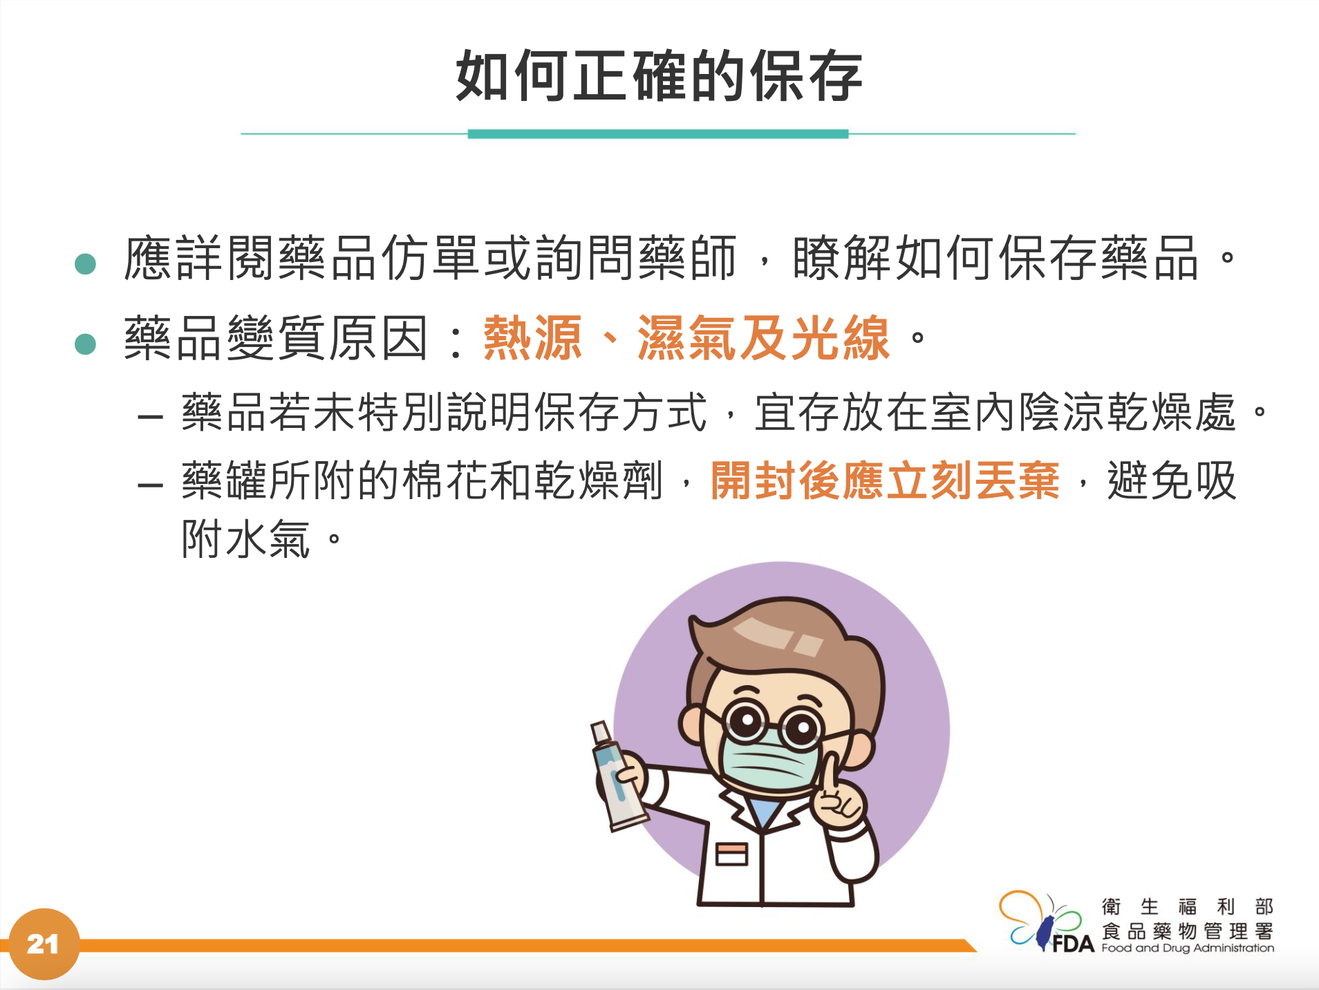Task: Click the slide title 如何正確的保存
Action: (659, 76)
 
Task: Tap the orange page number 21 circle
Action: (44, 944)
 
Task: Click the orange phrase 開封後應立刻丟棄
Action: (885, 480)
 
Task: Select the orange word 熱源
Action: (532, 338)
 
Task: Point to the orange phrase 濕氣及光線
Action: (763, 338)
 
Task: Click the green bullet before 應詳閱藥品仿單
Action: (85, 263)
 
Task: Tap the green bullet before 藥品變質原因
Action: (85, 344)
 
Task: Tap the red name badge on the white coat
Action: (732, 854)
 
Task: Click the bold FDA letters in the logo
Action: (1074, 944)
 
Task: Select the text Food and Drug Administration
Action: (1188, 948)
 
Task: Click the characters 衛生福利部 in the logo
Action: (1188, 906)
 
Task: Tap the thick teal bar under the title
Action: (658, 134)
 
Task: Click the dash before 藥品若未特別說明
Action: (151, 417)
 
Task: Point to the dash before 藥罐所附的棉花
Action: (151, 485)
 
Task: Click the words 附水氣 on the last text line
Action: (246, 539)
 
